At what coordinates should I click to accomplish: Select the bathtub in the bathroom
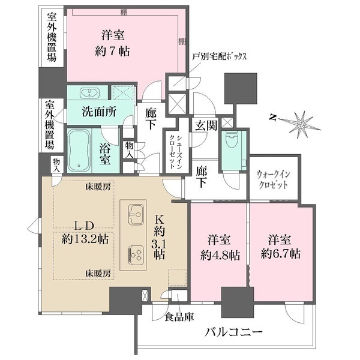(x=78, y=149)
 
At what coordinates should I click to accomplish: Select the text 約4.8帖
(x=220, y=254)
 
